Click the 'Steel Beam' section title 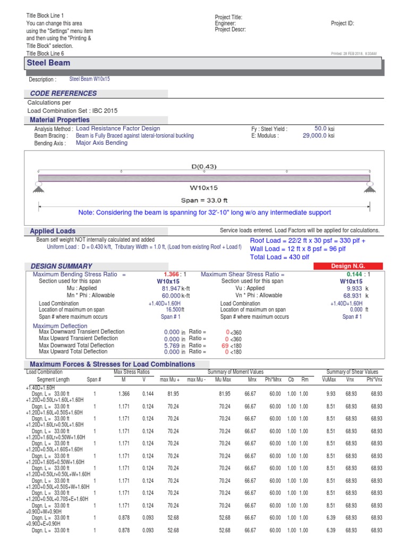pyautogui.click(x=48, y=63)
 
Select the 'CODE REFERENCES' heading pyautogui.click(x=64, y=94)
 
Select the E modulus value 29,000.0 pyautogui.click(x=314, y=136)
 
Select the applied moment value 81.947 pyautogui.click(x=171, y=288)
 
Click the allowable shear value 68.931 pyautogui.click(x=354, y=295)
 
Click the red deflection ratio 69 pyautogui.click(x=225, y=345)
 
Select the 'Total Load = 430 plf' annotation pyautogui.click(x=279, y=257)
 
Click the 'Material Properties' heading pyautogui.click(x=59, y=120)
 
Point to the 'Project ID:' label pyautogui.click(x=342, y=23)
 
